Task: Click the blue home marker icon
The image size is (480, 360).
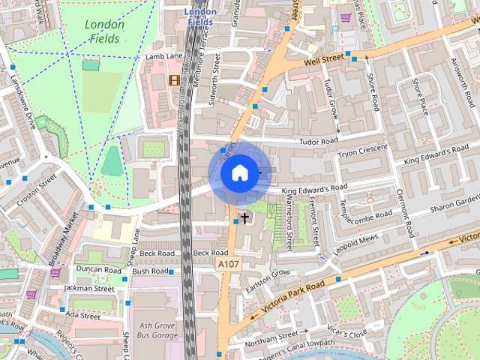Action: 238,173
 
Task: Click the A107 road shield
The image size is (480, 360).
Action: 228,265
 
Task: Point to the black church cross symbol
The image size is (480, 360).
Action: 244,217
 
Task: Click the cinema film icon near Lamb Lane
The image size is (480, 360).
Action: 175,80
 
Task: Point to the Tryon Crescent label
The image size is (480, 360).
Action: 363,152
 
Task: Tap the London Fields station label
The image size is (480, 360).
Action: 200,16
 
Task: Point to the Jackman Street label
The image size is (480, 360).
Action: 88,288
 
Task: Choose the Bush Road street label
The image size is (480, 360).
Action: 149,271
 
